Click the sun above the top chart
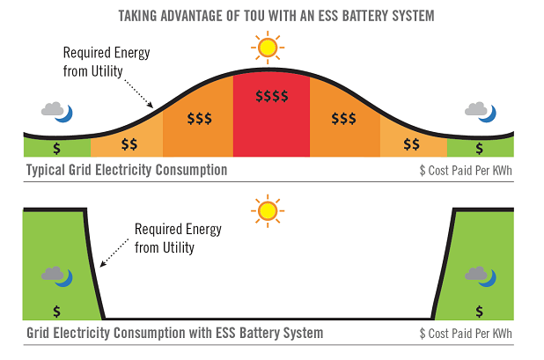coord(268,48)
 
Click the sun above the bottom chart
coord(268,211)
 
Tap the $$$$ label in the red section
coord(272,96)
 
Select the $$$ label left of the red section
coord(200,119)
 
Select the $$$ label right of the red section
coord(343,119)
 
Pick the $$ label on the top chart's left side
coord(129,144)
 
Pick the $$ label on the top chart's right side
coord(411,144)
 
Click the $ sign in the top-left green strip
coord(57,149)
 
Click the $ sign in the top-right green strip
coord(480,149)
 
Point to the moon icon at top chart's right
coord(490,114)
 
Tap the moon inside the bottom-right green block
coord(490,278)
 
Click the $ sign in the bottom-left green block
coord(57,312)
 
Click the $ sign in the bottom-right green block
coord(480,312)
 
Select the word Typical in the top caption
coord(46,170)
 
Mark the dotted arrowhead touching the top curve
coord(150,105)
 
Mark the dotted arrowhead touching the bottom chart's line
coord(103,263)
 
